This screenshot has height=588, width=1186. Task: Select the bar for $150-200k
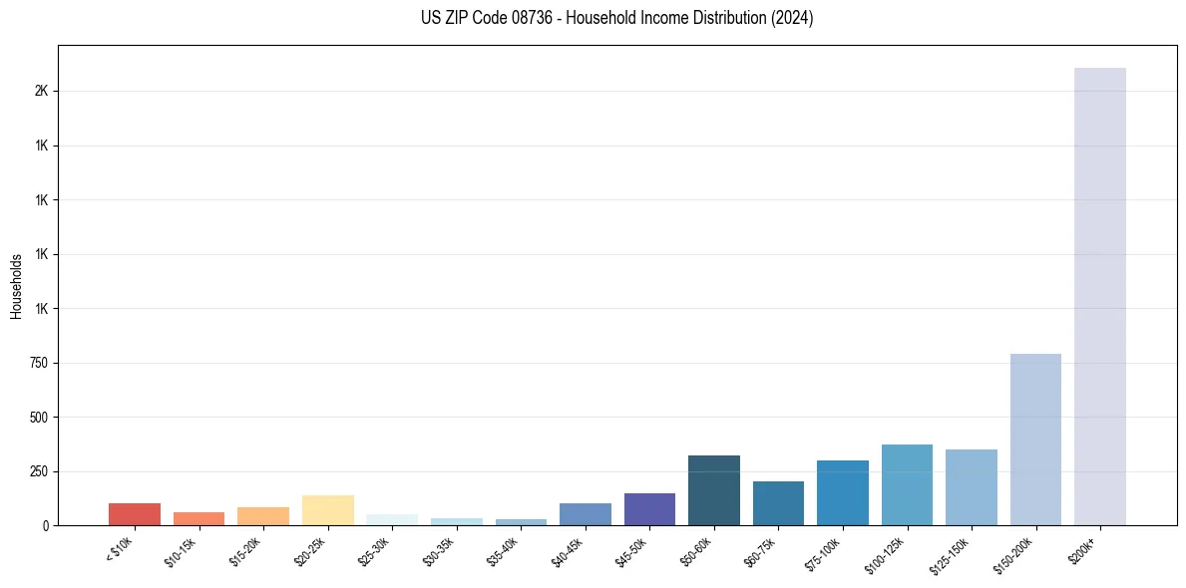pos(1035,440)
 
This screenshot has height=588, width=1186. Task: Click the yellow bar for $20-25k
pos(327,510)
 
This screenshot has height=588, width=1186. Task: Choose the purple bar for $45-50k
pos(649,509)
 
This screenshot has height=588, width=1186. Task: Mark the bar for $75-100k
pos(842,492)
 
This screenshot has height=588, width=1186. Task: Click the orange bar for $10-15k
pos(198,518)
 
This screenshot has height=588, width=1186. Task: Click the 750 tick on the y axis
pos(40,363)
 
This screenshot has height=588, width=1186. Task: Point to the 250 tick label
pos(40,471)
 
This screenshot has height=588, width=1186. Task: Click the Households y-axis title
pos(17,286)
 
